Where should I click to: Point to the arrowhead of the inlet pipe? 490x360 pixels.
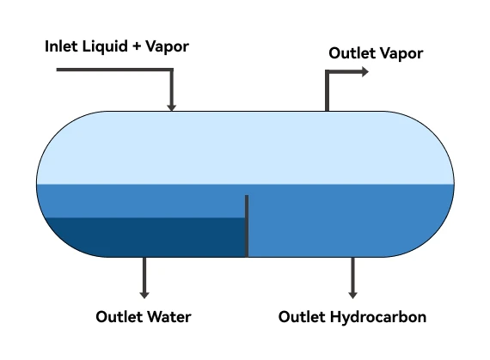coord(172,106)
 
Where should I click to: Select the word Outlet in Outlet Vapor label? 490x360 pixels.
coord(352,53)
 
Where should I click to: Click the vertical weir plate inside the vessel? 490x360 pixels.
coord(247,225)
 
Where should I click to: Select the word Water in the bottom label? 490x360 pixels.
coord(168,317)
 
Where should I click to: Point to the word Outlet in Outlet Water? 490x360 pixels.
coord(118,317)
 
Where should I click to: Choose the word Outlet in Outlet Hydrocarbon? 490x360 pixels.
coord(302,317)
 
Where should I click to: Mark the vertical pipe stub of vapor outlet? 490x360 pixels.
coord(327,93)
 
